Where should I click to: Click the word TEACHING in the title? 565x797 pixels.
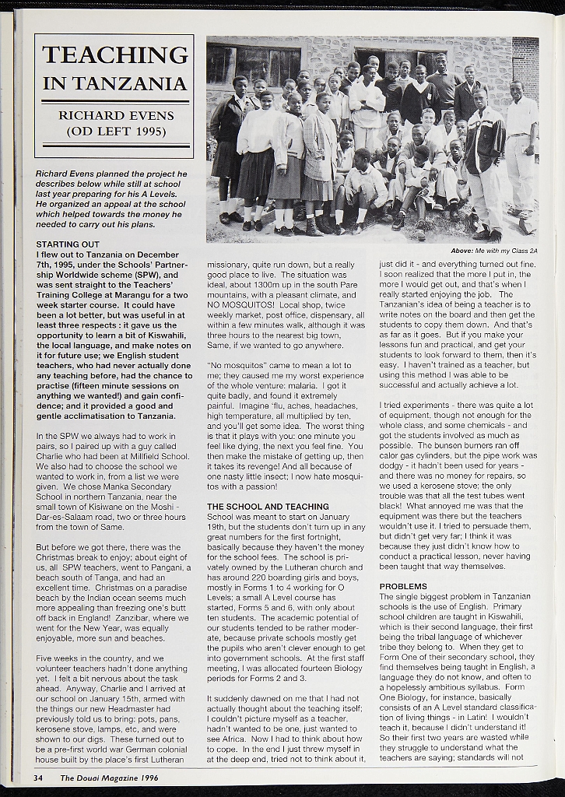coord(114,55)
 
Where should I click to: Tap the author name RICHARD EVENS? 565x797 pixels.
coord(116,115)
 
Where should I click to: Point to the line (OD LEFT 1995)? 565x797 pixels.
coord(116,131)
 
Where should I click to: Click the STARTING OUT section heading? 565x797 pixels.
coord(68,244)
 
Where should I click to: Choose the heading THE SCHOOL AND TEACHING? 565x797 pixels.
coord(268,507)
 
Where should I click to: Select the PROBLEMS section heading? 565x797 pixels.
coord(403,586)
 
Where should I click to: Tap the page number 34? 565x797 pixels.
coord(37,778)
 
